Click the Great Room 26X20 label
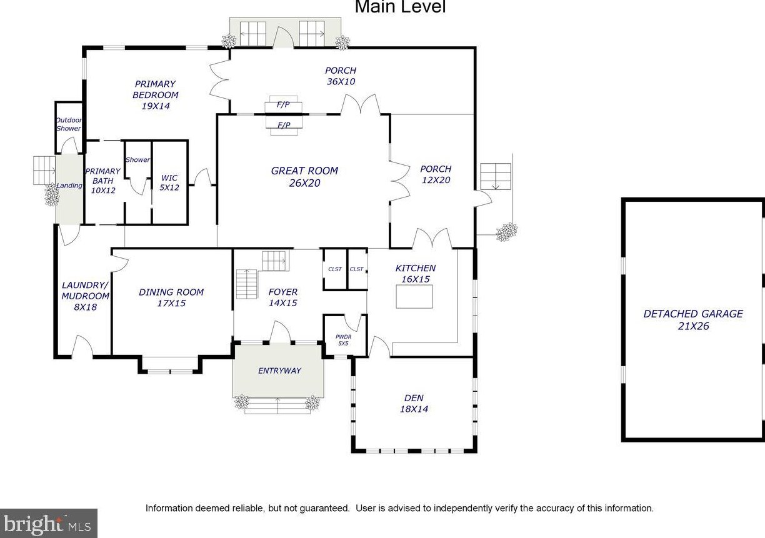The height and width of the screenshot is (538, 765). (x=304, y=177)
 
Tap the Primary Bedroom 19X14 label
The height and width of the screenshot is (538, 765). (x=156, y=95)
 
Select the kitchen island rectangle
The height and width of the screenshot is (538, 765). (x=414, y=297)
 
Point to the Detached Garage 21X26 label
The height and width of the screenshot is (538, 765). (x=693, y=320)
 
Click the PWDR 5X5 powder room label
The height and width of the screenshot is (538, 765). (x=343, y=340)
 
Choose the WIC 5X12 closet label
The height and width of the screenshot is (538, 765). (x=169, y=182)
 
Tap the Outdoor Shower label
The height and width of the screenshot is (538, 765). (x=69, y=124)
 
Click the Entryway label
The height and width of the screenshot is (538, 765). (x=279, y=371)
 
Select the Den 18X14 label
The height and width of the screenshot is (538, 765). (x=414, y=403)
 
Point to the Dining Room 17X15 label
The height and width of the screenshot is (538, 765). (x=171, y=297)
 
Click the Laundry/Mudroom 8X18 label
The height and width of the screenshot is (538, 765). (x=86, y=296)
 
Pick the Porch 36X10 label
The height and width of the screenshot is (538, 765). (x=341, y=76)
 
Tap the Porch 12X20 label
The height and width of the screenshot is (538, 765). (x=436, y=174)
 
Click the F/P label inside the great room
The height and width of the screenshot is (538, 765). (x=284, y=125)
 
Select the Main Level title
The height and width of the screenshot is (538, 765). (x=400, y=7)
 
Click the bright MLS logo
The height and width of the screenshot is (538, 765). (x=49, y=524)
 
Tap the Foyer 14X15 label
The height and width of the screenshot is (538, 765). (x=282, y=297)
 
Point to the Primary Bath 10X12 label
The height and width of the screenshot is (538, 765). (x=102, y=181)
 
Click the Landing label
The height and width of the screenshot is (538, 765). (x=69, y=186)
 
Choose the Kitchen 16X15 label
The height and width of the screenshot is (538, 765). (x=415, y=274)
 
